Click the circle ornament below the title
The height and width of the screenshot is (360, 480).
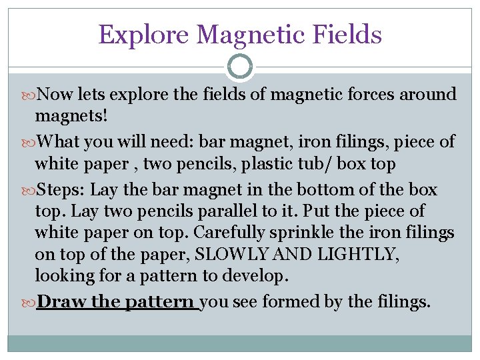tap(240, 66)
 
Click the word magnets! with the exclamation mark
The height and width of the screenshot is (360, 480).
tap(72, 116)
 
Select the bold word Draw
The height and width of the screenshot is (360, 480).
tap(62, 302)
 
